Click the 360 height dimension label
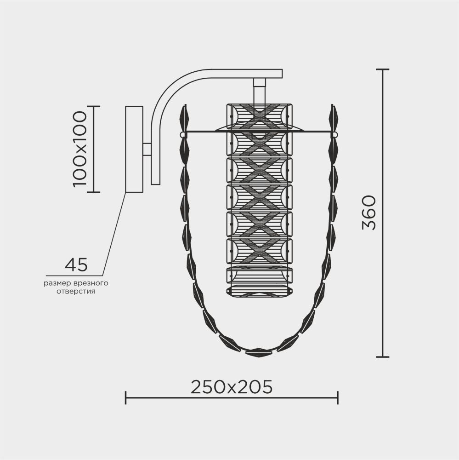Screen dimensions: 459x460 369,213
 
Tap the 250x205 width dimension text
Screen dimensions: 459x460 232,387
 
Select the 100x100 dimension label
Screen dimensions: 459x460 80,149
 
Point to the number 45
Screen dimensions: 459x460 76,265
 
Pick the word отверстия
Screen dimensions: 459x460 76,292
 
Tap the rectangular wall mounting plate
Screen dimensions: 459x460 134,149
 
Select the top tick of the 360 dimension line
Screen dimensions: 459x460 382,69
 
